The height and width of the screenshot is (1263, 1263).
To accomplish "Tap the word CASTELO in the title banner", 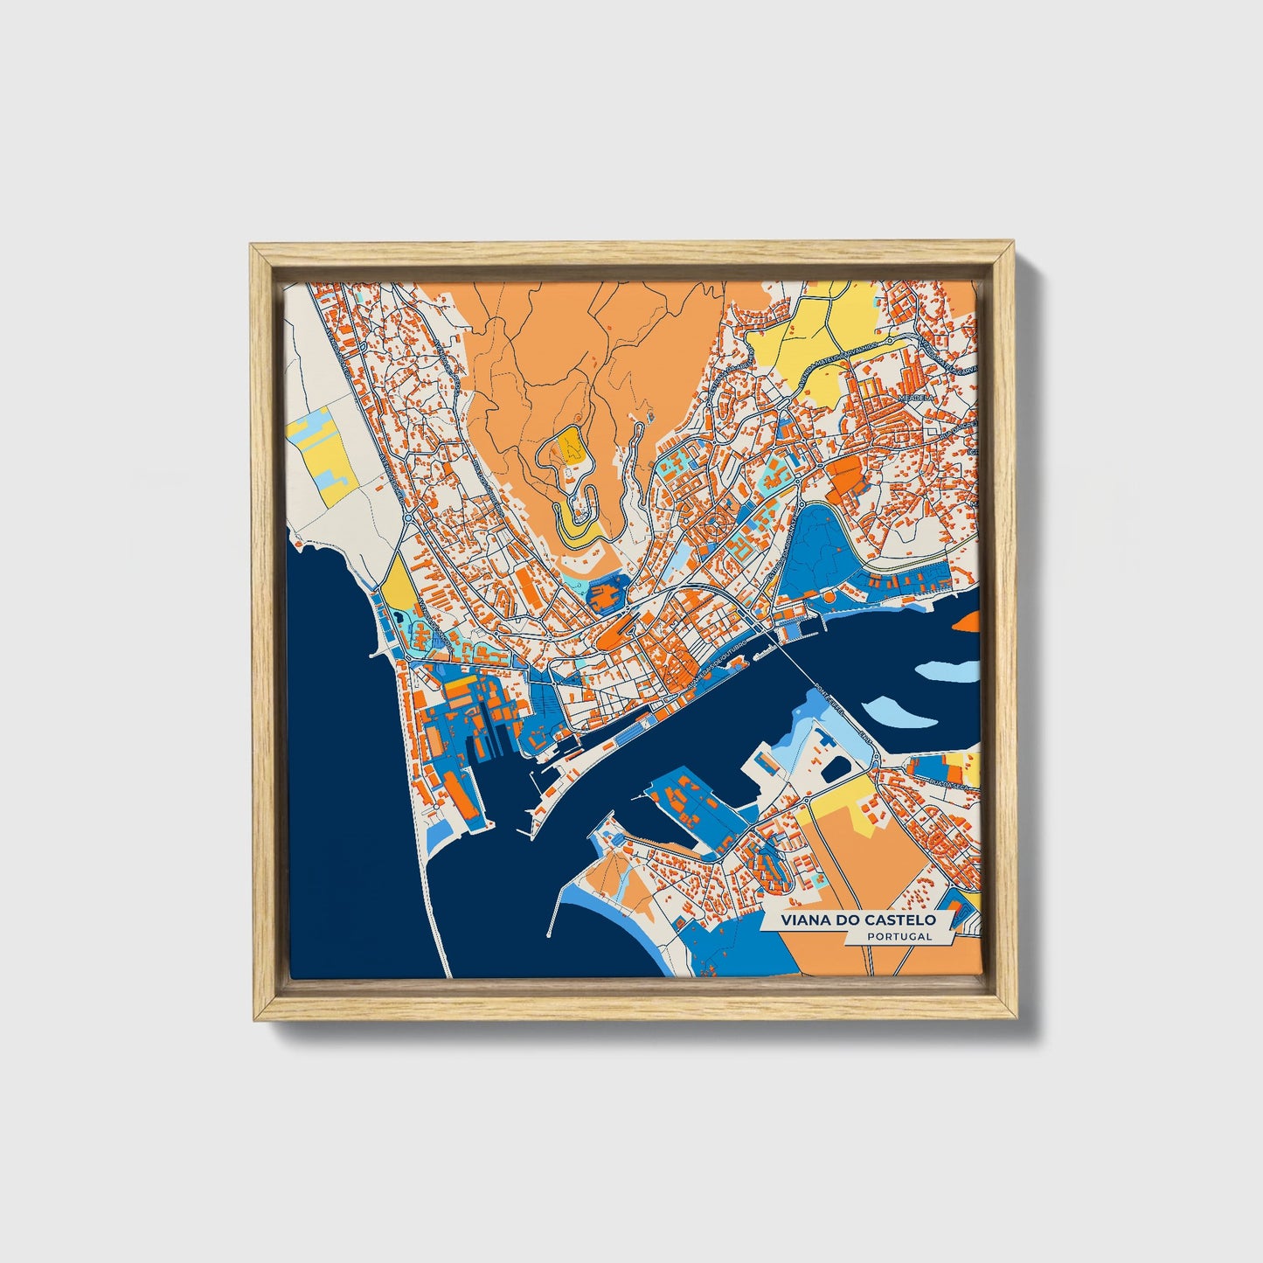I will click(x=900, y=920).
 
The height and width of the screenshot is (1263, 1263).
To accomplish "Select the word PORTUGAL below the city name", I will click(x=899, y=937).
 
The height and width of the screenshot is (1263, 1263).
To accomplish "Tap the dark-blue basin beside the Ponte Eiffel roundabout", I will click(x=836, y=768).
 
